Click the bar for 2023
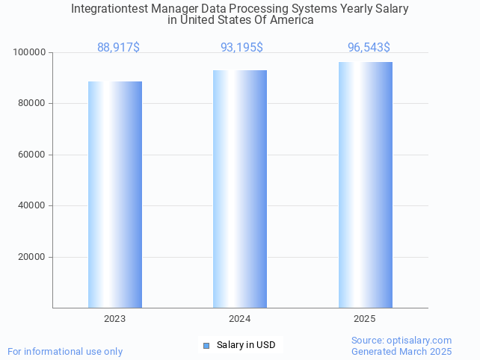(x=115, y=194)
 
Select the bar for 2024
(x=240, y=189)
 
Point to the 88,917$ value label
(x=118, y=47)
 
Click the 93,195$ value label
(x=241, y=47)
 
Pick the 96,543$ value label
(x=369, y=47)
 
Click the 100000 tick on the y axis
(x=30, y=53)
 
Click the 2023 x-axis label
(x=115, y=319)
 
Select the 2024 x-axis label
(x=240, y=319)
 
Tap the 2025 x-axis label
(x=365, y=319)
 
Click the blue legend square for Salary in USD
(x=206, y=345)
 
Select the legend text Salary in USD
(x=246, y=345)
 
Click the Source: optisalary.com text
(x=401, y=340)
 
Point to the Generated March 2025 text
(x=401, y=351)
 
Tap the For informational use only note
(x=65, y=351)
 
